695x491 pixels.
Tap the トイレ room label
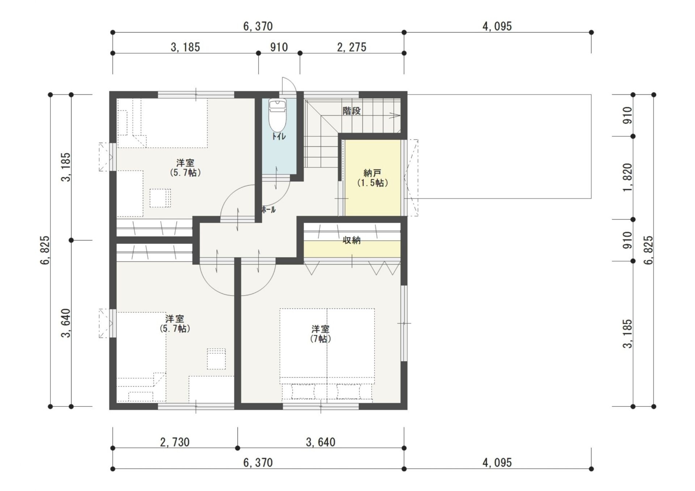[x=279, y=136]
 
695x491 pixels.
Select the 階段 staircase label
[x=351, y=111]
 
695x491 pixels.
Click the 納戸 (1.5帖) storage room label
[x=372, y=178]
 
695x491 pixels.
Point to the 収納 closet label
[x=351, y=240]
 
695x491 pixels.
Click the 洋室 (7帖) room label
[x=320, y=334]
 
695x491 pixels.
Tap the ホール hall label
[x=268, y=209]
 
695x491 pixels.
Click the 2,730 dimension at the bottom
[x=175, y=442]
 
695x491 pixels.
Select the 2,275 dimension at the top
[x=351, y=47]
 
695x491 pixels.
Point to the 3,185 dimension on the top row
[x=185, y=47]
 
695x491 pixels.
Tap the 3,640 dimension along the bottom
[x=321, y=442]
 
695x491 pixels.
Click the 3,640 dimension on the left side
[x=66, y=323]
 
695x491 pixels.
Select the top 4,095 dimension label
[x=497, y=26]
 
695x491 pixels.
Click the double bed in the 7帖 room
[x=327, y=355]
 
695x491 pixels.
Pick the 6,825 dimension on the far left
[x=45, y=250]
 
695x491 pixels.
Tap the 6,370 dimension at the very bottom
[x=258, y=463]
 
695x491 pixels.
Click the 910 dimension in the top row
[x=279, y=47]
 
